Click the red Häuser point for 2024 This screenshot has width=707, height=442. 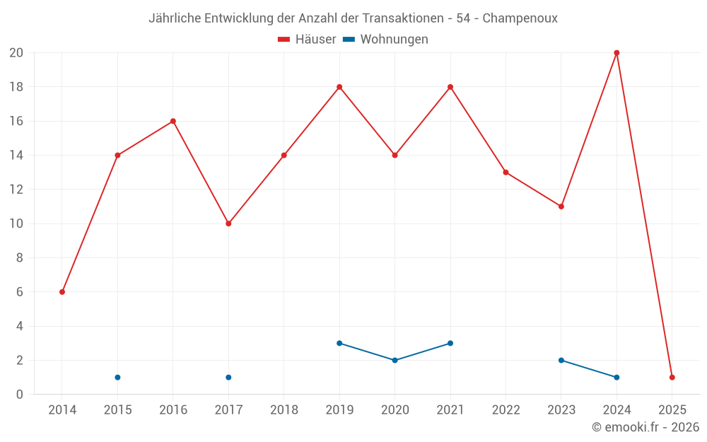[617, 53]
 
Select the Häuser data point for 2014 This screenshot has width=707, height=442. [62, 292]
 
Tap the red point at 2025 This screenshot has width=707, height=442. [672, 377]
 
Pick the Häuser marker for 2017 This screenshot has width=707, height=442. [228, 223]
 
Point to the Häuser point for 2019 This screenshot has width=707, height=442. [339, 87]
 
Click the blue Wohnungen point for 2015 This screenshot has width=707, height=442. [117, 377]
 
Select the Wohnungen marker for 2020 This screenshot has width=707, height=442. [395, 360]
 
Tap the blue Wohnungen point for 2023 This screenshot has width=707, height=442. [561, 360]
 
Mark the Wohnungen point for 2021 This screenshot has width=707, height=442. [450, 343]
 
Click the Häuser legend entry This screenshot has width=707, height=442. [308, 40]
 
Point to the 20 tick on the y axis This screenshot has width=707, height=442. [16, 53]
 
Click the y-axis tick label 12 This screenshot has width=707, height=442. [16, 190]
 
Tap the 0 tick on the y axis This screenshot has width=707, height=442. [20, 394]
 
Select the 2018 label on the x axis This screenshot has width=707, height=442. [284, 410]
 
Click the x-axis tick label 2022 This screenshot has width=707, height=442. [506, 410]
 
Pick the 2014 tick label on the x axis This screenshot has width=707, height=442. [62, 410]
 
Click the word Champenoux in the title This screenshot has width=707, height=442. [520, 18]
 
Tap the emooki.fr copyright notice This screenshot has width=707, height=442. [645, 427]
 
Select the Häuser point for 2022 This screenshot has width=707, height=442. [506, 173]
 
